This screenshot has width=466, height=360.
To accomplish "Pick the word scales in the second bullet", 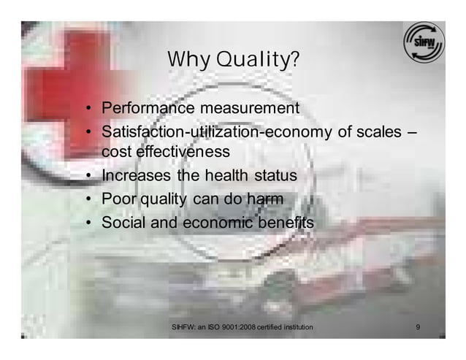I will coord(377,132).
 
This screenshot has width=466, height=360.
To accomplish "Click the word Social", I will coord(120,222).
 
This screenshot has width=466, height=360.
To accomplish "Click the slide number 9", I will coord(417,326).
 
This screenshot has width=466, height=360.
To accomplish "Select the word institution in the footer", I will coord(294,326).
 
